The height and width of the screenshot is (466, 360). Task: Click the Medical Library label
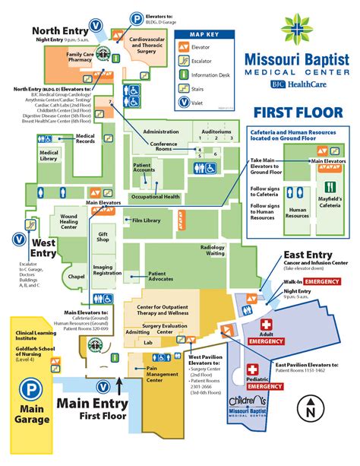pos(49,155)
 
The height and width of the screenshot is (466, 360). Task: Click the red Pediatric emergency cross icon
pos(252,370)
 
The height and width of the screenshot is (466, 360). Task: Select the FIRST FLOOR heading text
pos(294,113)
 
